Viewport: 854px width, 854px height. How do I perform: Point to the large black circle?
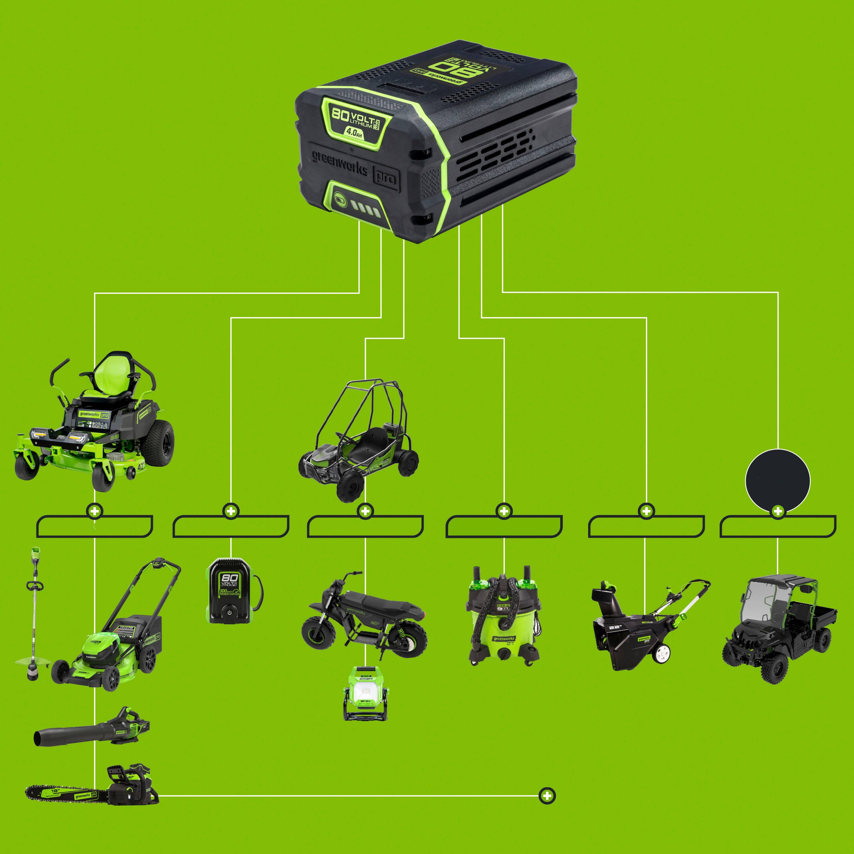tap(777, 481)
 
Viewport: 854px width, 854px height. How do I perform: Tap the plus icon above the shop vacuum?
tap(504, 511)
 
